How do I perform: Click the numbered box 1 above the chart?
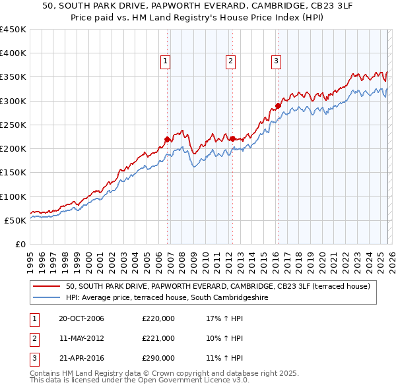164,61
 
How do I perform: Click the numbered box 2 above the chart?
230,61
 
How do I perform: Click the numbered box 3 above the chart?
276,61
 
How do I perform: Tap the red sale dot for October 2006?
168,139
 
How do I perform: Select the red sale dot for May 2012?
232,138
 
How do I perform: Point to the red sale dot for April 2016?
278,105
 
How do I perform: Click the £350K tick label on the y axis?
13,77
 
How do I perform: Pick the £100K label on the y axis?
13,196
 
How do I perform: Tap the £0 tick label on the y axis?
20,244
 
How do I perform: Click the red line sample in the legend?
46,286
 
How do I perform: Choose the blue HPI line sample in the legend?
46,297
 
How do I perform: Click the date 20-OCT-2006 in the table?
81,319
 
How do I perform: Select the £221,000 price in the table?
158,338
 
